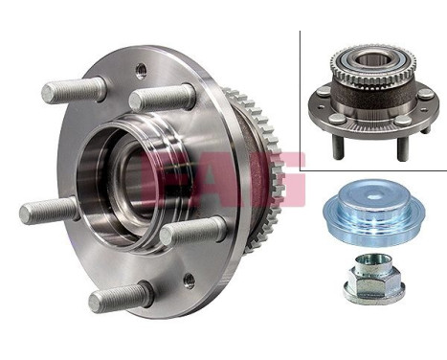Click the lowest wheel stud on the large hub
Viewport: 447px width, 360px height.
click(121, 298)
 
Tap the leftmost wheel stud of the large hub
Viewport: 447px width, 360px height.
click(48, 210)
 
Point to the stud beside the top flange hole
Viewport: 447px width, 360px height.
click(162, 98)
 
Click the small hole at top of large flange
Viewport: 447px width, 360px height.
click(141, 69)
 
